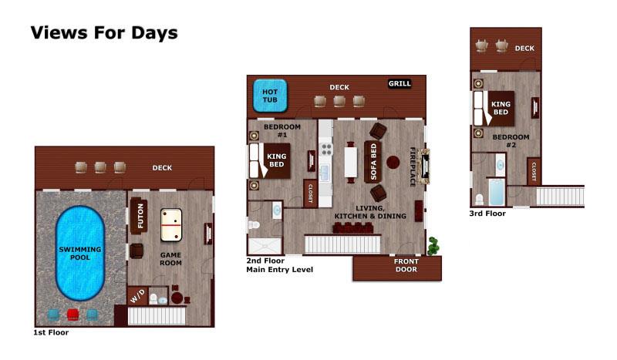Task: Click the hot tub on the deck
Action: pos(270,96)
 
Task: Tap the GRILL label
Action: pos(400,83)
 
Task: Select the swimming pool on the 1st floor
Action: pos(80,253)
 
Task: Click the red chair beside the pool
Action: pos(72,315)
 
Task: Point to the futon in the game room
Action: pos(139,216)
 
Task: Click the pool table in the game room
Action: pos(171,224)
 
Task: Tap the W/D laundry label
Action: pos(138,296)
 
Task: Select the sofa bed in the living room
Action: pos(373,162)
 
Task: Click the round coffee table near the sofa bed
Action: pos(393,162)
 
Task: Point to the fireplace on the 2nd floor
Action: pos(423,167)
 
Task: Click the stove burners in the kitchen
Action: pos(326,149)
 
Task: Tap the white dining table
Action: pos(351,162)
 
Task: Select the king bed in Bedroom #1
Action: pos(271,160)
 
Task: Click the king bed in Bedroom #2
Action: pos(494,108)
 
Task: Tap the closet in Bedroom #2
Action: pos(534,171)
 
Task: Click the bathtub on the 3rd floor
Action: pos(497,192)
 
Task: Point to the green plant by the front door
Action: pos(433,245)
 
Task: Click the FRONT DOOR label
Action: pos(406,265)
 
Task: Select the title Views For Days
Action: pos(104,32)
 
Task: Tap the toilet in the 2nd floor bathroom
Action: pos(255,225)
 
